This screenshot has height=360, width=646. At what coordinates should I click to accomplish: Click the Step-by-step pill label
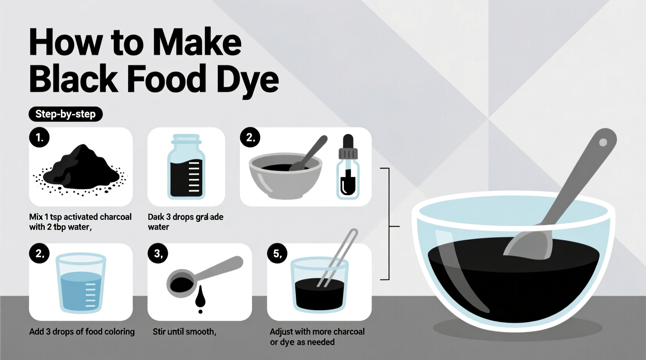pyautogui.click(x=65, y=114)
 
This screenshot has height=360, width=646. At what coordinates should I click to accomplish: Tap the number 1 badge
pyautogui.click(x=39, y=137)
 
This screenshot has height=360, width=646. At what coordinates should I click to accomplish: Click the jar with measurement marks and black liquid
pyautogui.click(x=186, y=168)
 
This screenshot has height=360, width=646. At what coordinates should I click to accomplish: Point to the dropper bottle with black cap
pyautogui.click(x=348, y=167)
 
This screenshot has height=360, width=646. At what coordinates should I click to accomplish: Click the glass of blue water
pyautogui.click(x=81, y=283)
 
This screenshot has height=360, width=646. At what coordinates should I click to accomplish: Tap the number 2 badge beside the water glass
pyautogui.click(x=39, y=253)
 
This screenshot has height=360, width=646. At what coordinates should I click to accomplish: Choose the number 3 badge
pyautogui.click(x=158, y=253)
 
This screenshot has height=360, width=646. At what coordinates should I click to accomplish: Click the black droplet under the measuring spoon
pyautogui.click(x=200, y=299)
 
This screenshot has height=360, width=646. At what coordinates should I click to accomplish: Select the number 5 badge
pyautogui.click(x=277, y=253)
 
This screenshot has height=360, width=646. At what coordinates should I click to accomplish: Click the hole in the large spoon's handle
pyautogui.click(x=603, y=142)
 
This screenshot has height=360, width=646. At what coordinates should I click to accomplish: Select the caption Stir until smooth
pyautogui.click(x=184, y=332)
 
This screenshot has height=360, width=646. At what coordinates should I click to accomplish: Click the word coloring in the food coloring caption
pyautogui.click(x=116, y=332)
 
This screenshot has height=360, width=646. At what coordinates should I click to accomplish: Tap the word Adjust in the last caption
pyautogui.click(x=281, y=332)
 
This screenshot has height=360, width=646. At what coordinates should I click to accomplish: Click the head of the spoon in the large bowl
pyautogui.click(x=530, y=244)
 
